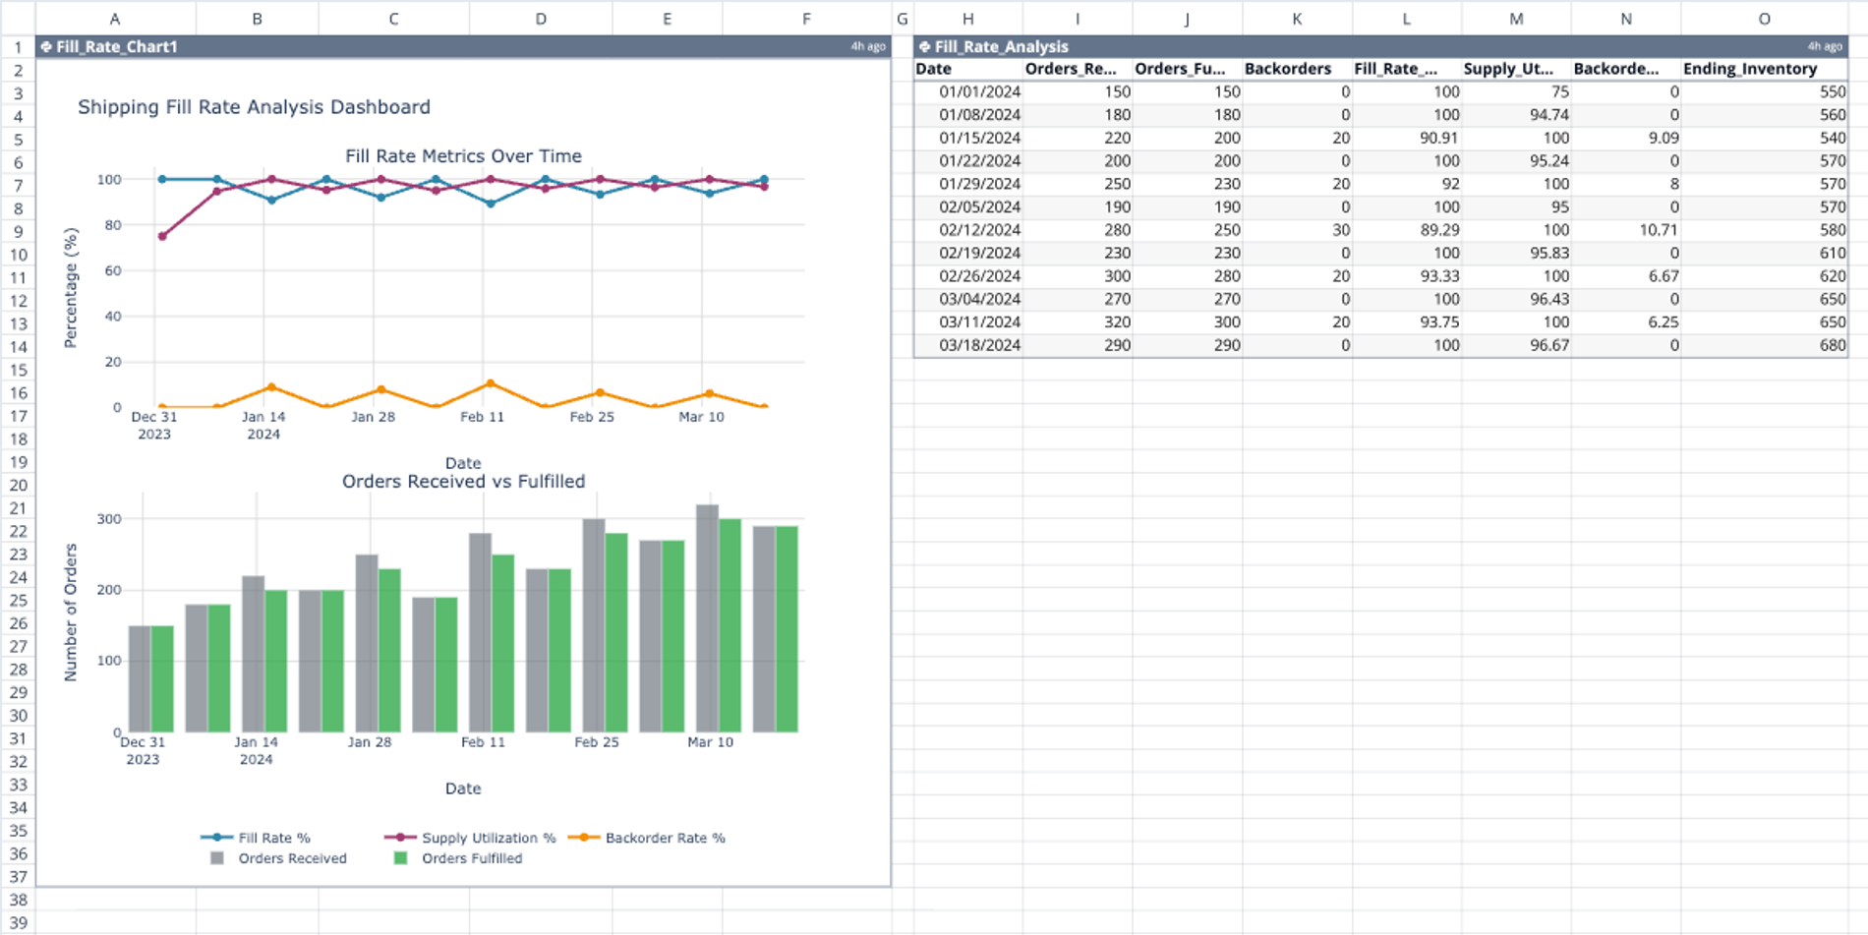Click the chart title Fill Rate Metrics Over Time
click(x=463, y=156)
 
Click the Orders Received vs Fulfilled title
click(x=463, y=482)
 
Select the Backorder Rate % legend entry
click(x=665, y=838)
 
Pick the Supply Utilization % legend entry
click(x=488, y=838)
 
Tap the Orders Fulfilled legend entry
click(x=471, y=858)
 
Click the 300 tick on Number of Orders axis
click(x=109, y=519)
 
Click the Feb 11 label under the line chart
click(x=482, y=417)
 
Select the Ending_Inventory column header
click(x=1749, y=69)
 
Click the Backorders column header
click(x=1287, y=69)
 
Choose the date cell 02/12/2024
click(x=979, y=230)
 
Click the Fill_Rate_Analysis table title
click(x=1001, y=46)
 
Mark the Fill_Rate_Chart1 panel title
click(x=116, y=46)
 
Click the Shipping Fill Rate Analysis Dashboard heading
click(x=254, y=107)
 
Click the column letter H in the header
click(x=967, y=19)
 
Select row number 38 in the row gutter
click(x=18, y=900)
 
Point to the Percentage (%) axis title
click(x=71, y=287)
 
